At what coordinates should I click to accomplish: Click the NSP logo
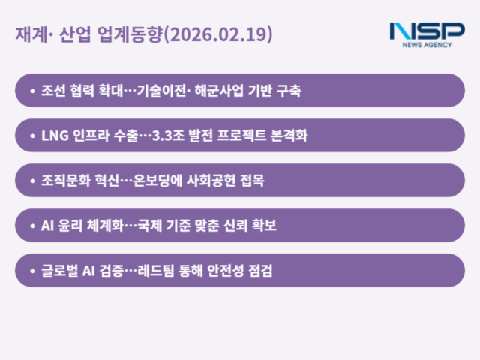pyautogui.click(x=427, y=31)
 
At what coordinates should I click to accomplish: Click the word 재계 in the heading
pyautogui.click(x=28, y=34)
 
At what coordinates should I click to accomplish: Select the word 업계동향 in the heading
pyautogui.click(x=130, y=34)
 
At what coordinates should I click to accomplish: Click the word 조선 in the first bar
pyautogui.click(x=53, y=91)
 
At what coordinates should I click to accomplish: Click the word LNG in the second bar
pyautogui.click(x=55, y=136)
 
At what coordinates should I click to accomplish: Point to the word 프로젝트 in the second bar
pyautogui.click(x=240, y=136)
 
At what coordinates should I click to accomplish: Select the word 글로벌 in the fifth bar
pyautogui.click(x=59, y=271)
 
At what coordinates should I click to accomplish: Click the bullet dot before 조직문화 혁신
pyautogui.click(x=32, y=181)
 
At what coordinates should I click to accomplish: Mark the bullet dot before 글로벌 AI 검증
pyautogui.click(x=32, y=271)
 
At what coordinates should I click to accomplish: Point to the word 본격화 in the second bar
pyautogui.click(x=289, y=136)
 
